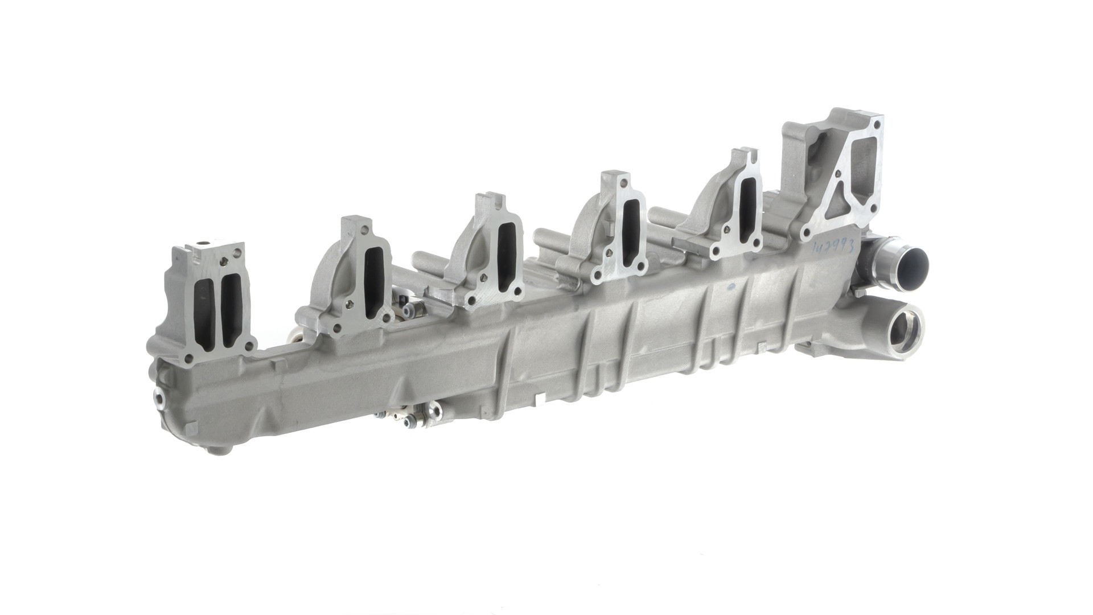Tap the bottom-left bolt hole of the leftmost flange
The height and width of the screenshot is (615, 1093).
[x=188, y=359]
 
